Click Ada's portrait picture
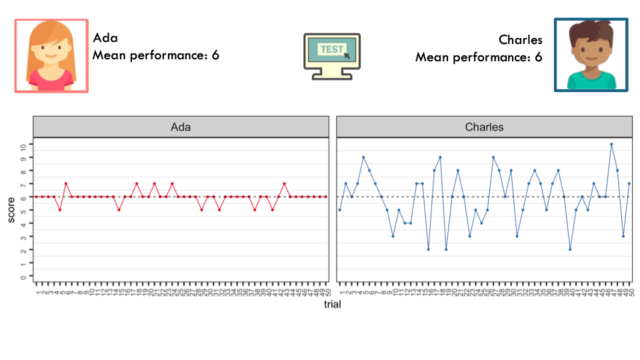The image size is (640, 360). click(51, 55)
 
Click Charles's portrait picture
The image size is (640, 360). click(591, 55)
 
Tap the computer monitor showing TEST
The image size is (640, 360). click(332, 56)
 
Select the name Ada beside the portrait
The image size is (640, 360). click(105, 38)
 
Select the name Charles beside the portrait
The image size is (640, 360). click(521, 39)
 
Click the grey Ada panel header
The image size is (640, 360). click(181, 127)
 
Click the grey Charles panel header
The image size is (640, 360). click(485, 127)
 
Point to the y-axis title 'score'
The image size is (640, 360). click(11, 210)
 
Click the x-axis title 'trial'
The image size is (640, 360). click(332, 304)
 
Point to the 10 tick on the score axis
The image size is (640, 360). click(23, 146)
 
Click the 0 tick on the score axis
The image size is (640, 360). click(23, 277)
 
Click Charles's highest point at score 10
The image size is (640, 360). click(611, 144)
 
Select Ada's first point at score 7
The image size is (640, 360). click(66, 184)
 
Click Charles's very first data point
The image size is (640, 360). click(339, 210)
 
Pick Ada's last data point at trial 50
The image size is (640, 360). click(326, 197)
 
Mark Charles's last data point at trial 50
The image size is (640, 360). click(629, 184)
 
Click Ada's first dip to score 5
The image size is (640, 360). click(60, 210)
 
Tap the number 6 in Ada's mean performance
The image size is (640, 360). click(215, 55)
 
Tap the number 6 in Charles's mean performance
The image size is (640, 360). click(539, 57)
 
